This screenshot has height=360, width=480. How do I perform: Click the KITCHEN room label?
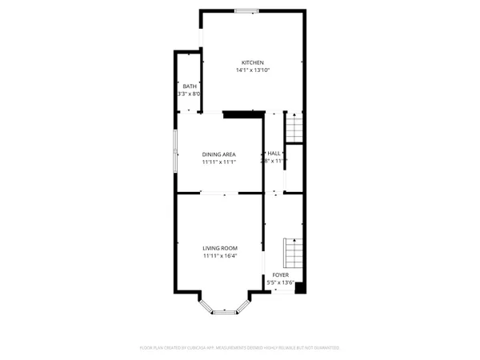pos(253,62)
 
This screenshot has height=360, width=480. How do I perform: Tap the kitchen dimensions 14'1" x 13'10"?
pos(253,70)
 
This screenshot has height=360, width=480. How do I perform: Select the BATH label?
pos(189,86)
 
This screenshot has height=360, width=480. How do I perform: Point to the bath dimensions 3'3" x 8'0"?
pos(189,94)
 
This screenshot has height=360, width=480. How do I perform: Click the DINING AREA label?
pos(218,154)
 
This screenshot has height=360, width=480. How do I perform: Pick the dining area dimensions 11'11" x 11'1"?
pos(218,162)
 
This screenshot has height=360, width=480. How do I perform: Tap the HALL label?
pos(274,154)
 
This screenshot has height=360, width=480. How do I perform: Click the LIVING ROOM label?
pos(219,248)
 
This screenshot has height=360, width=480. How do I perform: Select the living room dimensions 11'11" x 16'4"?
pos(219,256)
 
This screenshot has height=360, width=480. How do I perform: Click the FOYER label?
pos(280,274)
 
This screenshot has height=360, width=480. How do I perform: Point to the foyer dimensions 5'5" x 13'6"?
pos(281,282)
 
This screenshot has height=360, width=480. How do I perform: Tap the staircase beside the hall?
pos(294,127)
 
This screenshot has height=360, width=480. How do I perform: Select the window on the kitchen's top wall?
pos(246,10)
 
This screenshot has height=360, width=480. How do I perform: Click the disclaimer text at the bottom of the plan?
pos(239,348)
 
